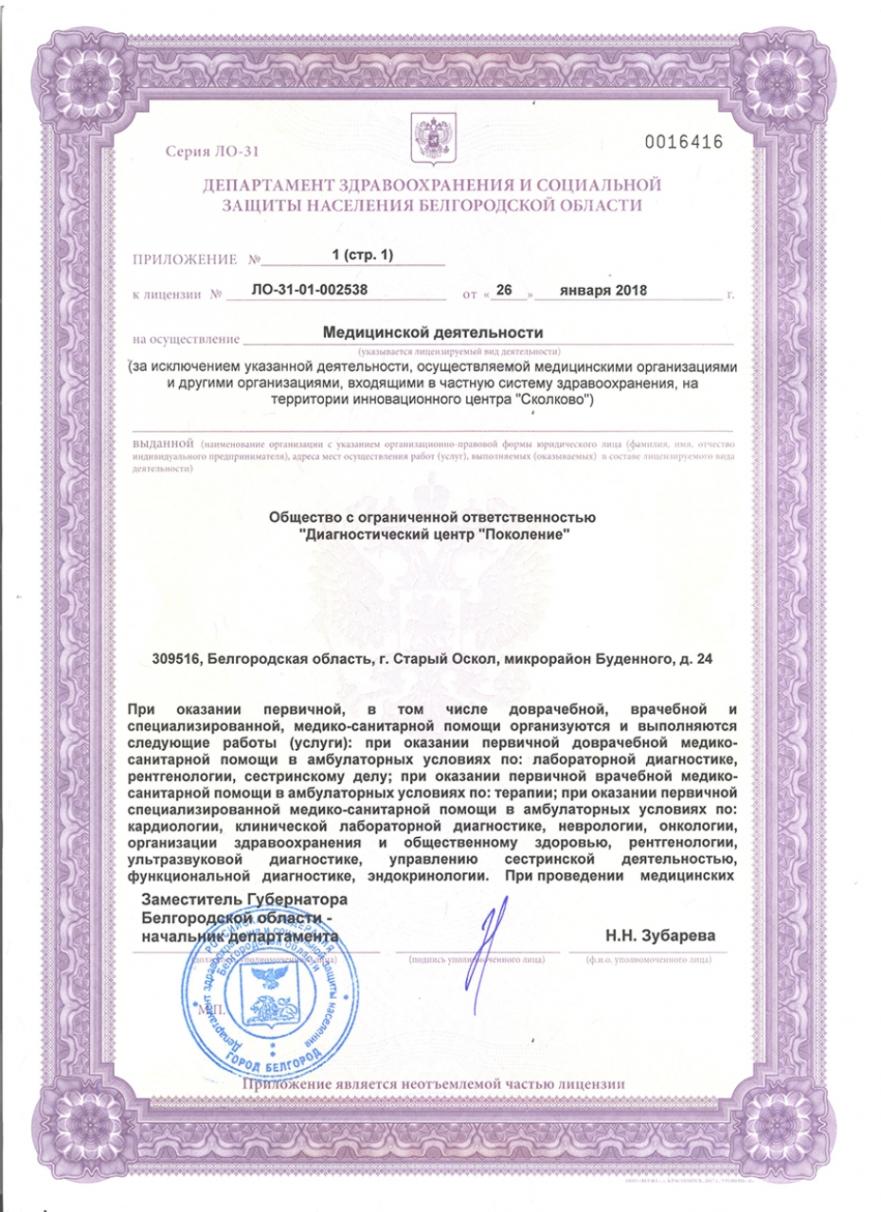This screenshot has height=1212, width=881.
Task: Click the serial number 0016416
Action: tap(683, 143)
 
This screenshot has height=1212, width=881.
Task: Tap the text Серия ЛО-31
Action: tap(210, 152)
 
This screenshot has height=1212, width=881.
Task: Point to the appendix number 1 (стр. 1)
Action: tap(361, 256)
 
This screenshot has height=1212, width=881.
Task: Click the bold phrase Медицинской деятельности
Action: tap(433, 333)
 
